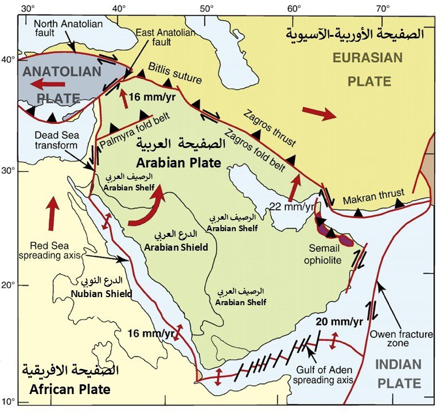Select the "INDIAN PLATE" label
coord(398,374)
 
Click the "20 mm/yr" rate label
coord(339,321)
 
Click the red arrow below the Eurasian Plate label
coord(319,114)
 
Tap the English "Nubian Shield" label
coord(102,294)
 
